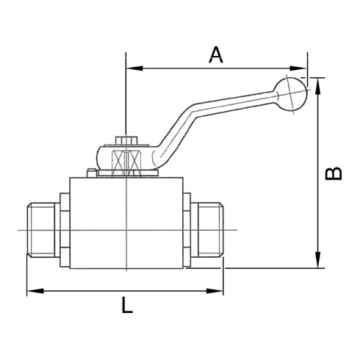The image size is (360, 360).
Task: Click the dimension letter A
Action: coord(216,54)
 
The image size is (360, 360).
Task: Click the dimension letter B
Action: coord(333,173)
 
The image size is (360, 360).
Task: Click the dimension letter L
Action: coord(127,305)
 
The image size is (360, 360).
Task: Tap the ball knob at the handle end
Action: coord(291,94)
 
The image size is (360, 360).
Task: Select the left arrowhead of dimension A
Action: coord(134,68)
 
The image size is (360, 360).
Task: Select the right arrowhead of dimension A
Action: coord(298,68)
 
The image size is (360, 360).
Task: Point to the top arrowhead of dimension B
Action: coord(318,87)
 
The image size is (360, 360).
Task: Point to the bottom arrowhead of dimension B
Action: coord(318,259)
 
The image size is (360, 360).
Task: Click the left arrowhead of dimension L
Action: coord(35,291)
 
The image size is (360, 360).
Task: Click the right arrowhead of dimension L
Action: coord(215,291)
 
